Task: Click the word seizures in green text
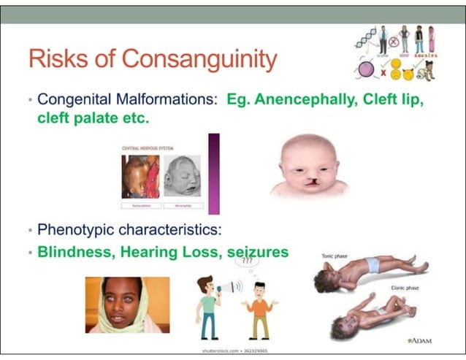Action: coord(259,252)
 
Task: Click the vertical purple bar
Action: coord(214,173)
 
